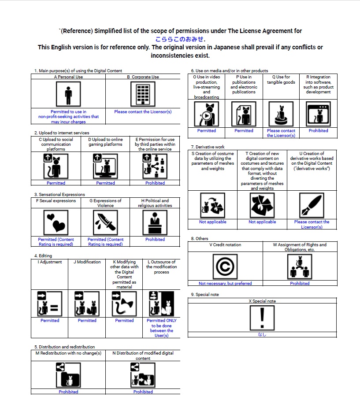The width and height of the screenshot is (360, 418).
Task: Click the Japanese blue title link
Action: pos(180,39)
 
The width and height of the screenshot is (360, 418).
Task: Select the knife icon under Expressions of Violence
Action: pos(105,222)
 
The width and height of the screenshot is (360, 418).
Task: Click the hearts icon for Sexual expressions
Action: pos(56,222)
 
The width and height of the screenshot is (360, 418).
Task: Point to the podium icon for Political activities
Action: pos(155,222)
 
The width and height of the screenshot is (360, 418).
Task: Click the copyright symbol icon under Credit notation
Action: pos(225,267)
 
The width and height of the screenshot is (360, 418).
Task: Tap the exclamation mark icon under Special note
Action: pos(262,317)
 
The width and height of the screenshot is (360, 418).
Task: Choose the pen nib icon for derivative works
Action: pos(312,205)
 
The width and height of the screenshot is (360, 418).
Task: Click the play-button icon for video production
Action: pos(207,114)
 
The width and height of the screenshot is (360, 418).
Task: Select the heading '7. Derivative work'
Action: pos(208,147)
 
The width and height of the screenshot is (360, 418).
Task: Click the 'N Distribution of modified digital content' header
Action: pos(143,355)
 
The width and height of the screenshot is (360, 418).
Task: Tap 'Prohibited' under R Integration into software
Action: pos(318,130)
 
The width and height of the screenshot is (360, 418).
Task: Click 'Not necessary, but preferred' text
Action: pos(225,284)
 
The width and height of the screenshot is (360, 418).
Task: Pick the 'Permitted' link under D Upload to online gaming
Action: pos(105,183)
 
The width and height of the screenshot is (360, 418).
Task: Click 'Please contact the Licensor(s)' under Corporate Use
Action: pos(143,112)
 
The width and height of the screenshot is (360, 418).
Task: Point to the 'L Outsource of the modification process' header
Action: pos(161,267)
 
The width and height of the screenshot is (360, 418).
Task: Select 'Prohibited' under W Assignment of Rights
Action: pos(300,284)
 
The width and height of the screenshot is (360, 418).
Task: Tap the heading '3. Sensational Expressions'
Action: pos(59,194)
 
